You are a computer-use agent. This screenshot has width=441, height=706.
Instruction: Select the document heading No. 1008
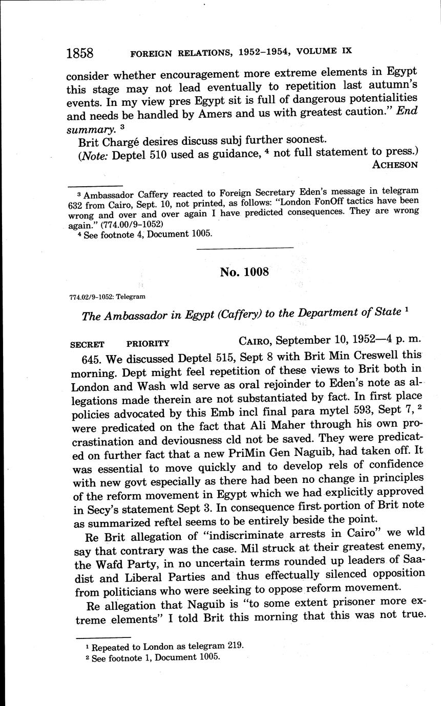(x=244, y=272)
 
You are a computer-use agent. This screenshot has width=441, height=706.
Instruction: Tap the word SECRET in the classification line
(x=87, y=344)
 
